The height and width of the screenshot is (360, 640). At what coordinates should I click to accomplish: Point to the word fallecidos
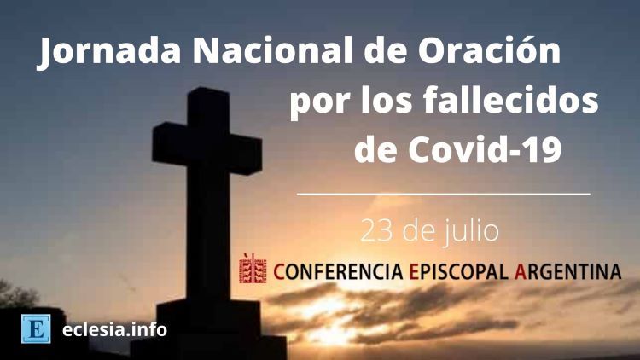(x=510, y=101)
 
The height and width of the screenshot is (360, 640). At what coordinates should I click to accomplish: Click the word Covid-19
(x=485, y=149)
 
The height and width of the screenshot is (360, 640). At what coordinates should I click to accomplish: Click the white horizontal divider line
(x=443, y=194)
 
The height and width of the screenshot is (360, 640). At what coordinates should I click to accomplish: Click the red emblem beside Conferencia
(x=253, y=268)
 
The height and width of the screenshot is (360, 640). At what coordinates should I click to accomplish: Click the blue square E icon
(x=36, y=329)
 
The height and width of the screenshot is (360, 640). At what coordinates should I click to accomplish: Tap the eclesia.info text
(x=114, y=329)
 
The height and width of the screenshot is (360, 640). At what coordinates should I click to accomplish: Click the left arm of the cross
(x=170, y=142)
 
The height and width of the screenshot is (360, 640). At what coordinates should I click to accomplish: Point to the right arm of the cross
(x=245, y=154)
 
